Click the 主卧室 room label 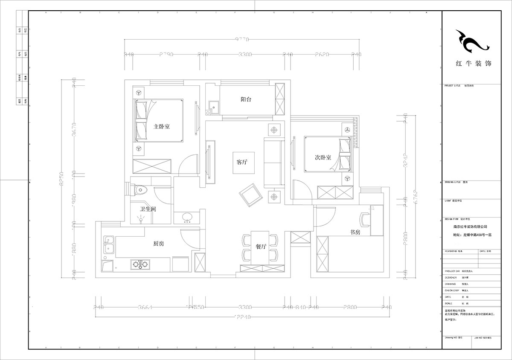click(162, 127)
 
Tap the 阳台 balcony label click(246, 99)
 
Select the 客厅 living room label click(242, 163)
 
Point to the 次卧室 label click(323, 157)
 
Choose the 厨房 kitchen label click(159, 244)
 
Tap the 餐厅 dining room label click(261, 247)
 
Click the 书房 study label click(355, 232)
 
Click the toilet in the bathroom click(139, 188)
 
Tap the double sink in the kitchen click(108, 245)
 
